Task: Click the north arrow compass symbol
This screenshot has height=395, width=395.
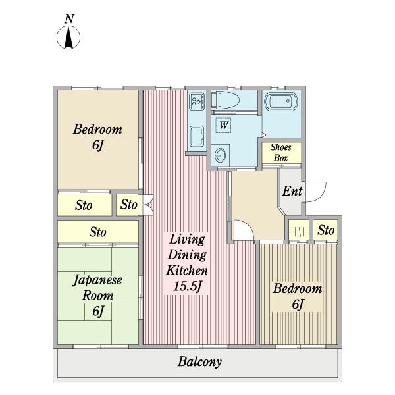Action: [68, 38]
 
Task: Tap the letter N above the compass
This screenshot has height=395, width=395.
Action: [69, 19]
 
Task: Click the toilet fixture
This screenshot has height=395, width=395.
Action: [225, 100]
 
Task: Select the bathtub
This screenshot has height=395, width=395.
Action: [281, 102]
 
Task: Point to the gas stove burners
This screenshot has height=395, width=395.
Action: [197, 101]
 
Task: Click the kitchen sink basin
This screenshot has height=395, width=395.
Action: [197, 136]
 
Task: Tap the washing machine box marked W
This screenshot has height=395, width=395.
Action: [223, 125]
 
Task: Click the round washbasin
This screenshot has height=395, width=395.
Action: [221, 155]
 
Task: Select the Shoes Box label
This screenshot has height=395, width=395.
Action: [281, 153]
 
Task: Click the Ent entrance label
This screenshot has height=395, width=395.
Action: [292, 191]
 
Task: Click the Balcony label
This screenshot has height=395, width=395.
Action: [199, 362]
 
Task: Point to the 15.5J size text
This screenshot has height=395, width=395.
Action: [188, 286]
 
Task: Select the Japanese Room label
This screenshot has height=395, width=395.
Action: [97, 288]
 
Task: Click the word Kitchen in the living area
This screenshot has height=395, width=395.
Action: [187, 271]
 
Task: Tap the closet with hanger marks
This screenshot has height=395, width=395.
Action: [299, 230]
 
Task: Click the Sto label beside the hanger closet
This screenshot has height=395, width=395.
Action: [326, 230]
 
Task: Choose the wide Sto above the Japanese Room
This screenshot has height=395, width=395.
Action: [97, 232]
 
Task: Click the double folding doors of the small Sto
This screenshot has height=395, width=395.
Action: [148, 205]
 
